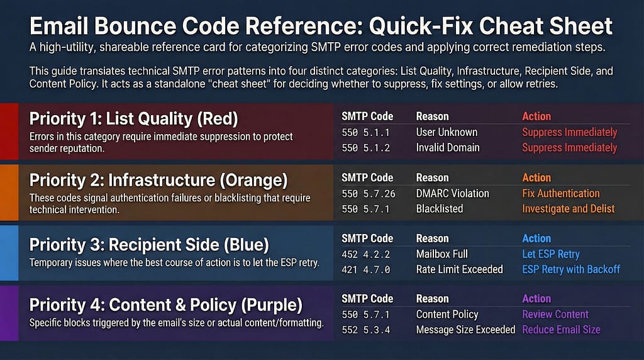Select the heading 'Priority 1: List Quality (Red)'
[134, 119]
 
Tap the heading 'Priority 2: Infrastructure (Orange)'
[158, 181]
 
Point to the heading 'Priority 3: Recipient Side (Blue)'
[149, 244]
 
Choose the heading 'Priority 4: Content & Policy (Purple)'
[166, 305]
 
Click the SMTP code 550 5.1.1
[365, 132]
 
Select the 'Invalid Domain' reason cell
[447, 147]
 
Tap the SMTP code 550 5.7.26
[368, 193]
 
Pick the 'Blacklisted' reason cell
[439, 208]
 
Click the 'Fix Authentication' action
[560, 193]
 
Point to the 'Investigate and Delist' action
[568, 208]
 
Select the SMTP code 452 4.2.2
[365, 254]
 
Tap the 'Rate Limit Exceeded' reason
[459, 269]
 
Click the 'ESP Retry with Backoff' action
[571, 269]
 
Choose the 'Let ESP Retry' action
[550, 254]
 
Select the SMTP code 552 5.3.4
[365, 329]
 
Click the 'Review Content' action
[555, 314]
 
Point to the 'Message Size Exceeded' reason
[465, 329]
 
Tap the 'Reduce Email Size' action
[561, 329]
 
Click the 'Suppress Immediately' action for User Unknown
[569, 132]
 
